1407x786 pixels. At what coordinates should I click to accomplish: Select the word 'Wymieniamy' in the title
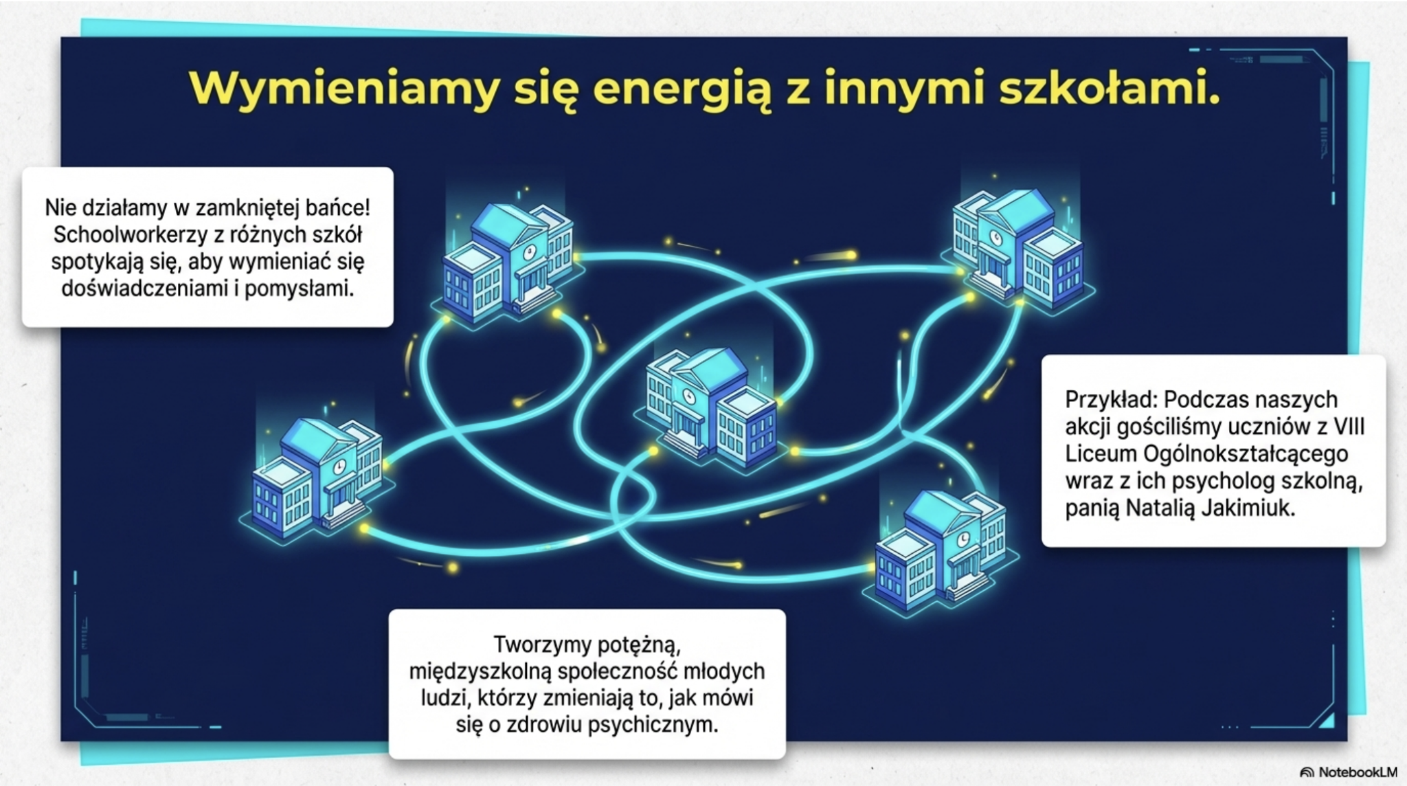(344, 90)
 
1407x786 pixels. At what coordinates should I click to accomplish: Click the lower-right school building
(941, 550)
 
